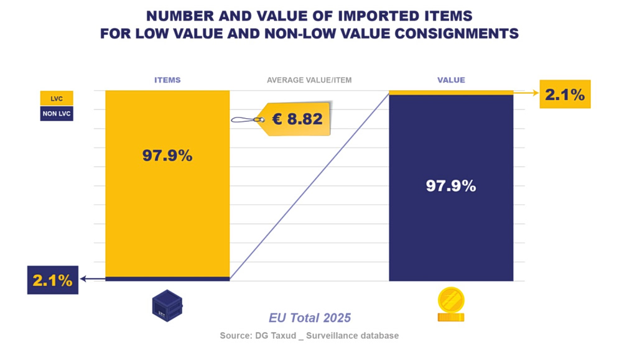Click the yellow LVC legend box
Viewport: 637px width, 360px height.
click(57, 98)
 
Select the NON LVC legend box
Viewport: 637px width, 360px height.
click(57, 114)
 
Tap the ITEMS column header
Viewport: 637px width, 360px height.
click(167, 80)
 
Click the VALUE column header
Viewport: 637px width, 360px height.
click(451, 80)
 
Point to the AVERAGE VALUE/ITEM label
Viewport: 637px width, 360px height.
click(309, 80)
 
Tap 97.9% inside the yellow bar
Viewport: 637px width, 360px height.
click(167, 155)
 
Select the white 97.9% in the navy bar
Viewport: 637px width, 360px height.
click(451, 186)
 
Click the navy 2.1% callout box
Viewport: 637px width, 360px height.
click(53, 280)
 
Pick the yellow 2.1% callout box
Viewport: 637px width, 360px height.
click(565, 94)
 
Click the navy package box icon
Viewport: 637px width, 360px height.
click(167, 306)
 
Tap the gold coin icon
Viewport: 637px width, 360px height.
click(451, 305)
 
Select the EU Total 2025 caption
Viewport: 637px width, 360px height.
click(310, 317)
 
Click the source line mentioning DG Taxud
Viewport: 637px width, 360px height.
click(309, 336)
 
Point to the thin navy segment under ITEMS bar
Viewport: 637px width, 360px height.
click(167, 279)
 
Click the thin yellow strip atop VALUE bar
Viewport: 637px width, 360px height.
click(451, 93)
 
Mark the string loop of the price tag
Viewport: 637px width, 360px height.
click(244, 120)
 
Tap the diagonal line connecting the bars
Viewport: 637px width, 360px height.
click(310, 186)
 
